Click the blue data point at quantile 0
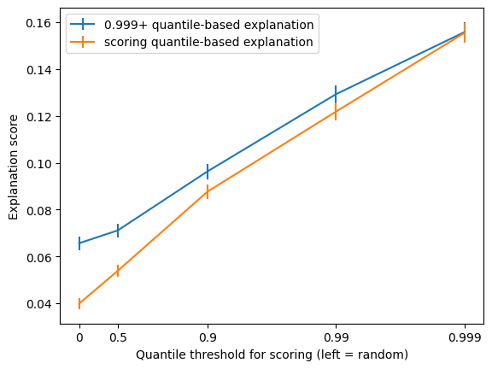[x=79, y=243]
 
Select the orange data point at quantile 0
[x=79, y=304]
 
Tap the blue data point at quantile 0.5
[x=118, y=231]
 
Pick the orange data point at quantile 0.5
[x=118, y=271]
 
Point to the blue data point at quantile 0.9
[x=208, y=172]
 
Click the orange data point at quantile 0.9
[x=208, y=191]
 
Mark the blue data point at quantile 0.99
[x=336, y=94]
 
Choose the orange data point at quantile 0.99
[x=336, y=111]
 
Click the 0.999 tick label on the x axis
[x=465, y=338]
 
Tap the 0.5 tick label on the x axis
[x=118, y=338]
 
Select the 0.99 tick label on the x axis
[x=336, y=338]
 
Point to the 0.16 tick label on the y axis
[x=39, y=23]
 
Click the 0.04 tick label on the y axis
[x=39, y=304]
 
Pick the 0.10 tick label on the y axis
[x=39, y=163]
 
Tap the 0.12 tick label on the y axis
[x=39, y=117]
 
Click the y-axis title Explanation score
[x=13, y=167]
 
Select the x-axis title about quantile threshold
[x=272, y=354]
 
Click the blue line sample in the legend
[x=83, y=24]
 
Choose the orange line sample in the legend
[x=83, y=41]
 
